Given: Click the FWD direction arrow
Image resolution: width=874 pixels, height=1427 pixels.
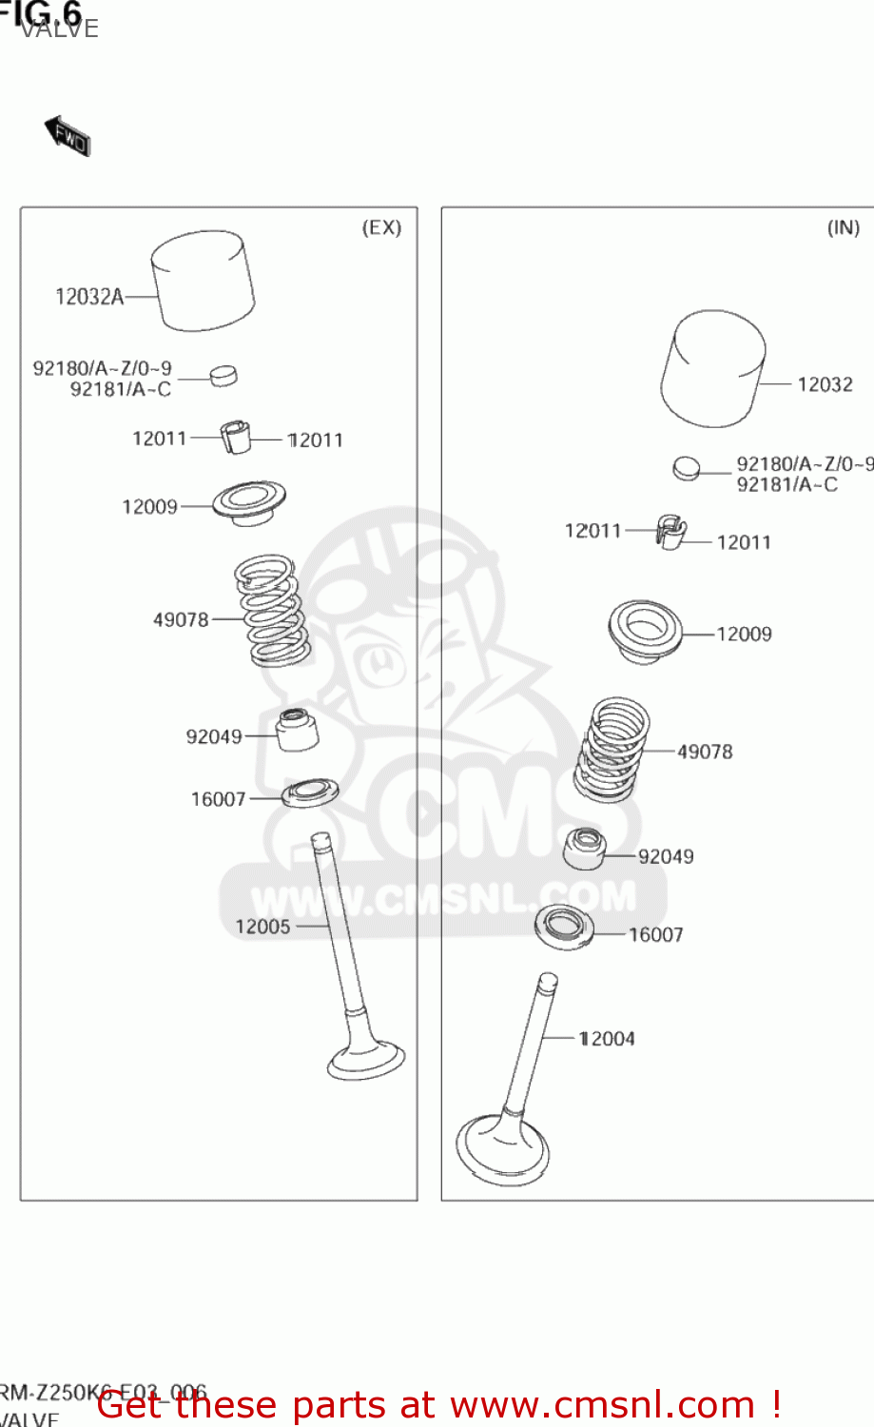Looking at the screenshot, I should tap(68, 136).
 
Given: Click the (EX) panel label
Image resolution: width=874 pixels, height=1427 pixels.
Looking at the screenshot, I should tap(381, 227).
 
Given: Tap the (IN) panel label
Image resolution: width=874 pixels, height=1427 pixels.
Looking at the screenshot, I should tap(843, 227).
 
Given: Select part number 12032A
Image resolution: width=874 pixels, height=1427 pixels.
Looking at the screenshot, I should tap(89, 297).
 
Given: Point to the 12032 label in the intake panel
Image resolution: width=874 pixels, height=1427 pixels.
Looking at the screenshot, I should tap(825, 384).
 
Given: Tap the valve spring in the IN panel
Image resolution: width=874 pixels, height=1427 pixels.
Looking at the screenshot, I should tap(610, 750).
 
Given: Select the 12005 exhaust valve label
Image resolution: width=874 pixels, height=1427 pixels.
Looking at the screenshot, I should tap(262, 927).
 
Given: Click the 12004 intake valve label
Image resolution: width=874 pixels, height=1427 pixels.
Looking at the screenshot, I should tap(607, 1039).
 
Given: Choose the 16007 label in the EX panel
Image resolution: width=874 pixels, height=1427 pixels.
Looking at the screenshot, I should tap(218, 799).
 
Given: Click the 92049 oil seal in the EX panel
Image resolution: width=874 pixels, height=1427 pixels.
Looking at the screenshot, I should tap(297, 730).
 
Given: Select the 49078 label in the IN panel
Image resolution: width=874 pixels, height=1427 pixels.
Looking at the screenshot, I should tap(705, 752).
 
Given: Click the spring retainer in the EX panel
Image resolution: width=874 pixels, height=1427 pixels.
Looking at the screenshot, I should tap(248, 502).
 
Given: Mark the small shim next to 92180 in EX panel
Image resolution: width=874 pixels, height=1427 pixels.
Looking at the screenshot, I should tap(223, 375).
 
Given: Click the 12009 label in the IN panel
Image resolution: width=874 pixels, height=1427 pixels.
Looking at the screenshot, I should tap(744, 634).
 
